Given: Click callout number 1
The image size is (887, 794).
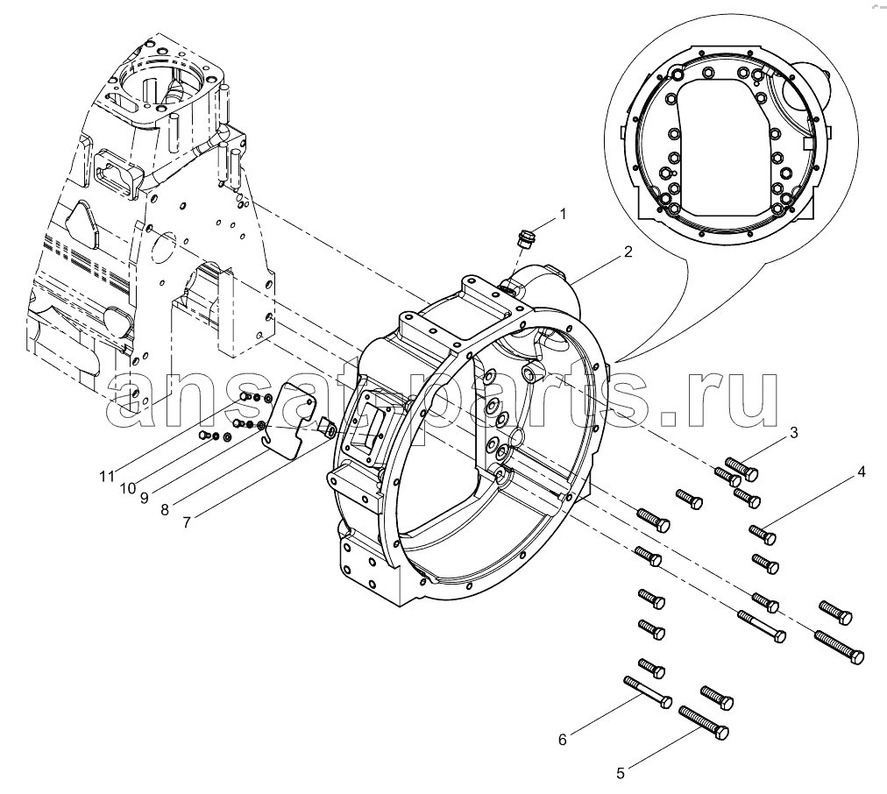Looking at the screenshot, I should [x=563, y=213].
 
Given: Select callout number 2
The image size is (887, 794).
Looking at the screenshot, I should [x=628, y=252].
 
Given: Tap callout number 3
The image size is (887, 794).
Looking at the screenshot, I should [x=792, y=432].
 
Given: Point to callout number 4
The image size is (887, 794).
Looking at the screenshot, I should [x=861, y=471].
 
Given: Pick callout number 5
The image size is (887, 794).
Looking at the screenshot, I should [x=621, y=773].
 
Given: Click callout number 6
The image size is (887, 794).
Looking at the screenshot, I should [x=563, y=739].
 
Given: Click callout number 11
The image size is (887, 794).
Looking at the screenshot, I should [x=106, y=476].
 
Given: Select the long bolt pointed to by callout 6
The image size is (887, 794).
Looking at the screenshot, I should [x=647, y=691].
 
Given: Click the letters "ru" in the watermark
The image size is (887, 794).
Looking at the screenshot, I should [x=734, y=396].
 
